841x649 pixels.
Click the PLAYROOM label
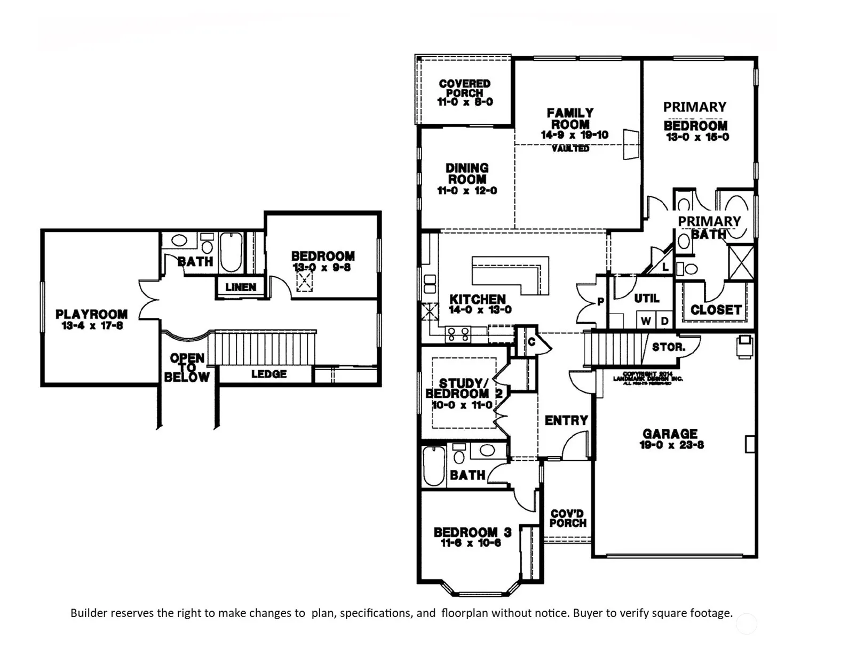pyautogui.click(x=91, y=314)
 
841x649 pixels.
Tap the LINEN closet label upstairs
pyautogui.click(x=241, y=287)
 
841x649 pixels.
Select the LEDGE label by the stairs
pyautogui.click(x=269, y=374)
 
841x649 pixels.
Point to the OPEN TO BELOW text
pyautogui.click(x=187, y=367)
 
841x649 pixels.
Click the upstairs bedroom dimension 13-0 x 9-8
pyautogui.click(x=322, y=268)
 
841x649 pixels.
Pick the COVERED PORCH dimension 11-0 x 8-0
pyautogui.click(x=465, y=102)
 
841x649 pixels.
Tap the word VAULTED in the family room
pyautogui.click(x=570, y=148)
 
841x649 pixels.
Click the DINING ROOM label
pyautogui.click(x=467, y=173)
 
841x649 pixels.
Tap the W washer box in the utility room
pyautogui.click(x=646, y=321)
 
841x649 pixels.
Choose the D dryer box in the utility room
pyautogui.click(x=664, y=321)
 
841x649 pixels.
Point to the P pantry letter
pyautogui.click(x=600, y=302)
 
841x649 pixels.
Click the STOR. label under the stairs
pyautogui.click(x=668, y=347)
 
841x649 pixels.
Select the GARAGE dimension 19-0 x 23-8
pyautogui.click(x=671, y=445)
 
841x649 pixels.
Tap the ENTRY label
pyautogui.click(x=566, y=421)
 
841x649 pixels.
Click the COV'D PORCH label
pyautogui.click(x=568, y=518)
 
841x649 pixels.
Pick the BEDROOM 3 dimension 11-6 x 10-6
pyautogui.click(x=471, y=543)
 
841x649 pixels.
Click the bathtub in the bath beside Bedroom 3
pyautogui.click(x=433, y=466)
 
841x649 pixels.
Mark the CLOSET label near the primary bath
pyautogui.click(x=716, y=310)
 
